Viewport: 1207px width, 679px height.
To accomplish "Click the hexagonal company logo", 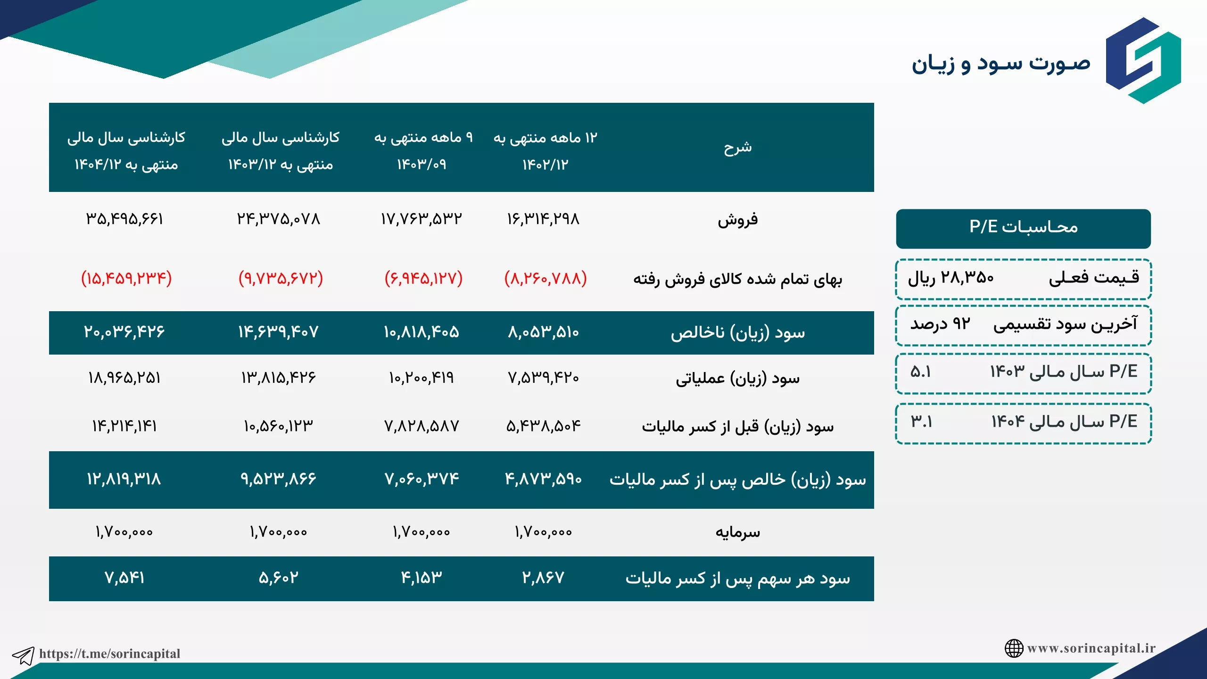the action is [x=1143, y=60].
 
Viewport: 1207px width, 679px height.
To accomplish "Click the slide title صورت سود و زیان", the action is [x=1001, y=64].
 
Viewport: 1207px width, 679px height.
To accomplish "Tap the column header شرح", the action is [x=738, y=148].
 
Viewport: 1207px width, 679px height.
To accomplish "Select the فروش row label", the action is [x=738, y=220].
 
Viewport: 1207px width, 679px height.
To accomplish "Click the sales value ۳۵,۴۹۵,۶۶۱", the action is [x=124, y=219].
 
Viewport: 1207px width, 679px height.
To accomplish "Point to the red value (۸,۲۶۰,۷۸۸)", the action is [x=546, y=278].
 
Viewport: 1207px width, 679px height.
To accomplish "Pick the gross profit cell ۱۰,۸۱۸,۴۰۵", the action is [x=421, y=332].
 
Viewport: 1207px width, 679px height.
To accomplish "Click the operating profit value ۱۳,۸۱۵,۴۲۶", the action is [x=279, y=378].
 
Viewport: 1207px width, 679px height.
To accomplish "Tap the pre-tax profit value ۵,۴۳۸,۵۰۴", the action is [x=544, y=426].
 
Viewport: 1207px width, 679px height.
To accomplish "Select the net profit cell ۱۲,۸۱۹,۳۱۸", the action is [x=124, y=480].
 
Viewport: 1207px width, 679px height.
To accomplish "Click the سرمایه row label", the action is [x=738, y=532].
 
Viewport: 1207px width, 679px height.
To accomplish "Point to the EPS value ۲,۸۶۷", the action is [x=543, y=578].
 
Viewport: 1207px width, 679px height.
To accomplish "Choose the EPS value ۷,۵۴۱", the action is [x=124, y=578].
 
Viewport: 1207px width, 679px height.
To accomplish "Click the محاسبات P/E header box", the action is [x=1024, y=229].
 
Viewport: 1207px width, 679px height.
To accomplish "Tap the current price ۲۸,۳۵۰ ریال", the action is [x=951, y=278].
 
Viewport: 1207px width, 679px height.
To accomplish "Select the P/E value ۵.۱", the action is [x=921, y=372].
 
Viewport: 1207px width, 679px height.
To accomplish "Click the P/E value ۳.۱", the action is [x=921, y=422].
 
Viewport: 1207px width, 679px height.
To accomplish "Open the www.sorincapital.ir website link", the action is [x=1091, y=648].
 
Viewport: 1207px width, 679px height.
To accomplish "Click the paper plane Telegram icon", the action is [x=23, y=655].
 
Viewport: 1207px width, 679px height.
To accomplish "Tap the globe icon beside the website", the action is [x=1014, y=648].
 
